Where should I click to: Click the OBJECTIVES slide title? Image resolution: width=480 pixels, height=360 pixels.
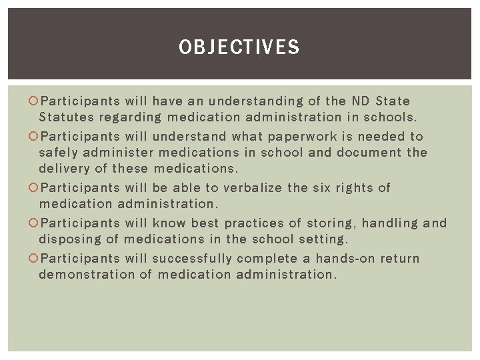(239, 47)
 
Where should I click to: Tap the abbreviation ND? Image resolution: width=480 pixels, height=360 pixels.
(358, 101)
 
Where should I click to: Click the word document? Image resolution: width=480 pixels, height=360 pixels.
(370, 153)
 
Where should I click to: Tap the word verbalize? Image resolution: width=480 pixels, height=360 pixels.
(252, 188)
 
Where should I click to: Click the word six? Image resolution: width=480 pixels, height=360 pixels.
(321, 188)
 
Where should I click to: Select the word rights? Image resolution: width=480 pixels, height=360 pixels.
(354, 188)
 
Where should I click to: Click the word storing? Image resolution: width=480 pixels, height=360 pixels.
(326, 223)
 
